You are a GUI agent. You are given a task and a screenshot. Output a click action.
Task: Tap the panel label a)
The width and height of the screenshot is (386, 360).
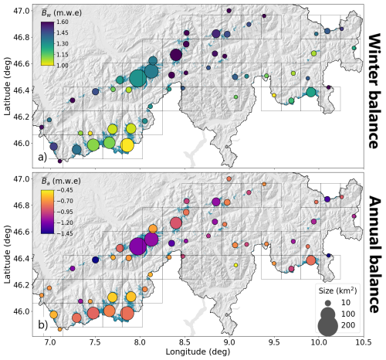click(42, 157)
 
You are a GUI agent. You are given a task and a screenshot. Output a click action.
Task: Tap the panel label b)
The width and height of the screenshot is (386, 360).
click(43, 325)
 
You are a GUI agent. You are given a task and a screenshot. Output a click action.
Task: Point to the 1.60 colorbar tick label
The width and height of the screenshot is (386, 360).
click(63, 22)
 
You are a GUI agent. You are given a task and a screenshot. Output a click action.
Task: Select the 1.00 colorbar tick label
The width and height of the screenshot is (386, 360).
click(63, 66)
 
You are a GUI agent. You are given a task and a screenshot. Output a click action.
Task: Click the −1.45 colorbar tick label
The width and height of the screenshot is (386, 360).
click(65, 233)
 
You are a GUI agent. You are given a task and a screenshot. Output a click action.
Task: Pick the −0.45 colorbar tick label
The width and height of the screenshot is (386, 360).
click(65, 190)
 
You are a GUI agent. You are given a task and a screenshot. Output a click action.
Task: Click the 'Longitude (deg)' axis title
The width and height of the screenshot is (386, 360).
click(198, 352)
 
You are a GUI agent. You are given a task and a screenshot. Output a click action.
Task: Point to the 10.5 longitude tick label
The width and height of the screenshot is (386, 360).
click(364, 342)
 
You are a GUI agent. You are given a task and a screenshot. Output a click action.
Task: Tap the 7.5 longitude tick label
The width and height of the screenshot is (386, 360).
click(95, 342)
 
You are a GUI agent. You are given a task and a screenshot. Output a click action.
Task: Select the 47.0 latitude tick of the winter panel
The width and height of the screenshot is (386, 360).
click(22, 11)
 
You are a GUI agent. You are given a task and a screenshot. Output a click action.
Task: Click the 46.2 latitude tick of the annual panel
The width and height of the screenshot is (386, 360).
click(22, 285)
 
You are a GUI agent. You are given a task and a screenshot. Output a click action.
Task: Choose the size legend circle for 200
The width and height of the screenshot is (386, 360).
click(327, 326)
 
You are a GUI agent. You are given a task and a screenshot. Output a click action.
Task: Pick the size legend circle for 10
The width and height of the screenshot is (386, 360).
click(327, 303)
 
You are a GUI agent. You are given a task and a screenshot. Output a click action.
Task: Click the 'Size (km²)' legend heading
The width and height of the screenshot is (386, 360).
click(337, 290)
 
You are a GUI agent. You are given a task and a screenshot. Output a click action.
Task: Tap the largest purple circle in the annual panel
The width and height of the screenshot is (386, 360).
click(138, 246)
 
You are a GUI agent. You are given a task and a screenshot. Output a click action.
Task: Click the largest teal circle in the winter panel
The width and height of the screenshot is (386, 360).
click(138, 79)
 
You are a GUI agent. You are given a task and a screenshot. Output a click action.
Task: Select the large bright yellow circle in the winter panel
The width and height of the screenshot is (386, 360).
click(127, 145)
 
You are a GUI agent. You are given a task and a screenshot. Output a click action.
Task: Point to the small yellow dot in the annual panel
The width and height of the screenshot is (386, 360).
click(235, 265)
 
